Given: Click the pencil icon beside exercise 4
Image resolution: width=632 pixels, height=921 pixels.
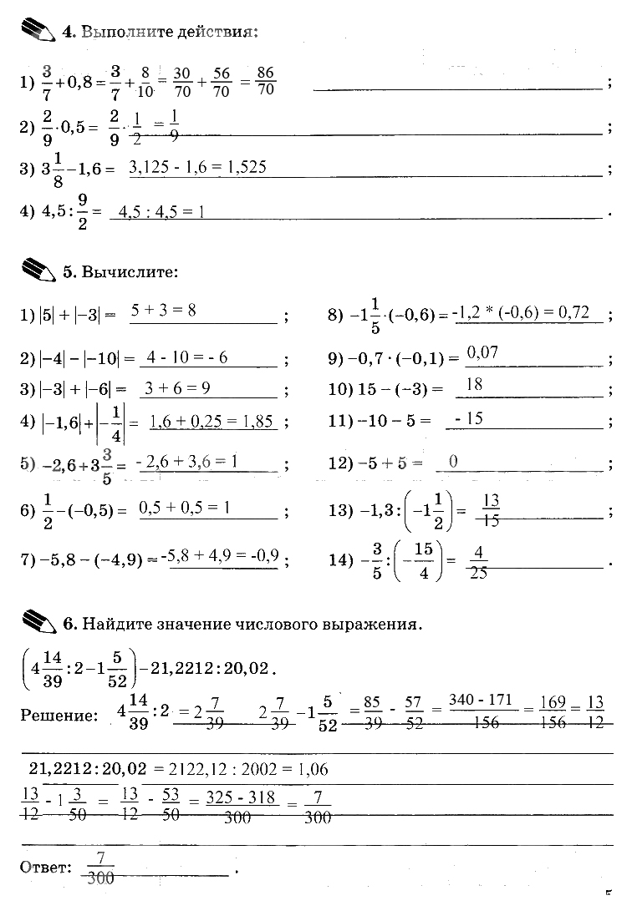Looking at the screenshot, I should pos(35,31).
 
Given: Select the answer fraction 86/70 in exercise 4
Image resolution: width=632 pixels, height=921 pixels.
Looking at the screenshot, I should pos(266,80).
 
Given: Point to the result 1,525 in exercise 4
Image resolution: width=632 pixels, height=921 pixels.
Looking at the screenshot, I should pos(247,167).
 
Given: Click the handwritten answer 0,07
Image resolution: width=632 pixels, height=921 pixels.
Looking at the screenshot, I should pos(482,352).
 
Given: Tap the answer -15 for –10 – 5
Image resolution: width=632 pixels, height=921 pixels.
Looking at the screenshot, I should pos(469,419).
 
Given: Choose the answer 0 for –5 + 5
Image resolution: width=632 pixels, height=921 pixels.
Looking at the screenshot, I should pos(453,460).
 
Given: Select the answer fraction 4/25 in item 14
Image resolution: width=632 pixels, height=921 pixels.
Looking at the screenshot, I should pos(479,560).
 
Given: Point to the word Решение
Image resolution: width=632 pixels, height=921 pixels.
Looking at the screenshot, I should pos(54,716).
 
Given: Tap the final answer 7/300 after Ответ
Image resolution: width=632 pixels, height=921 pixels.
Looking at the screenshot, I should pos(100,867).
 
